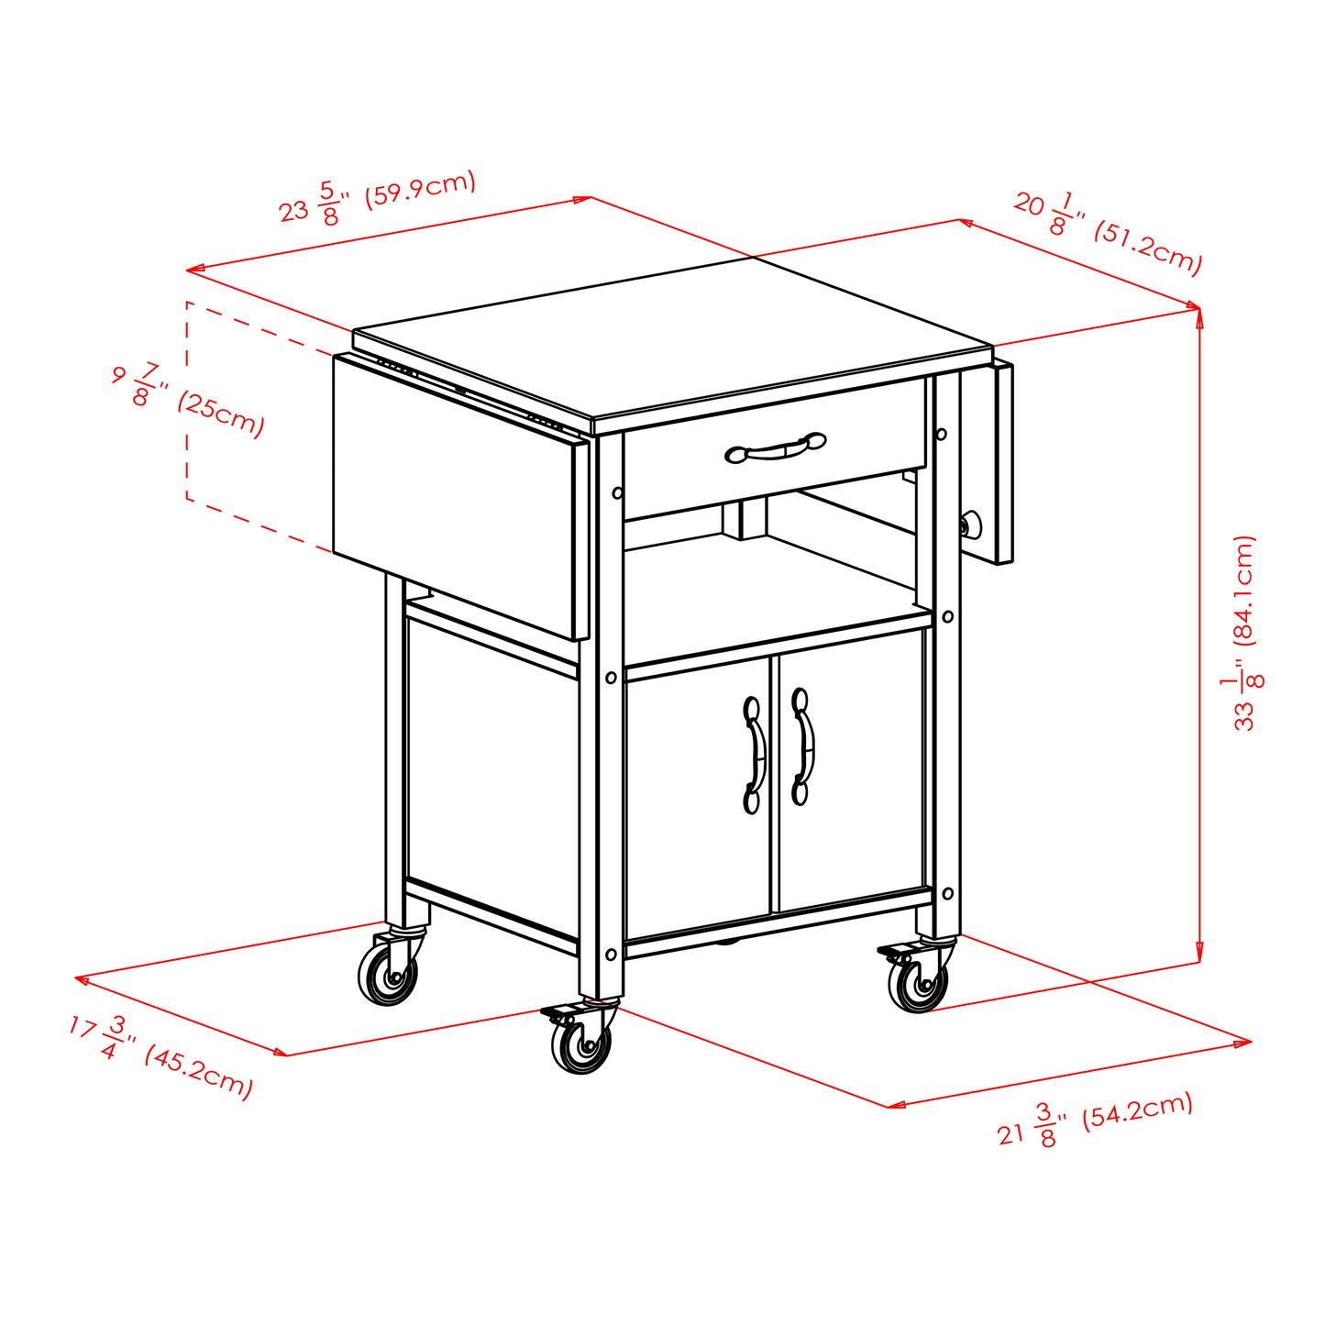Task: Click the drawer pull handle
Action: click(775, 448)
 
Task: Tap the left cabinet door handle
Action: click(754, 755)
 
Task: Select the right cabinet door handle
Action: click(802, 746)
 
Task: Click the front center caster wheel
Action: click(581, 1044)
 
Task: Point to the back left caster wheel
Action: click(387, 973)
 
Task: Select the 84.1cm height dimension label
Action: click(1245, 633)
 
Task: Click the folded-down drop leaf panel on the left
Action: click(454, 491)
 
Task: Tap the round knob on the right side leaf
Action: click(968, 525)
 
